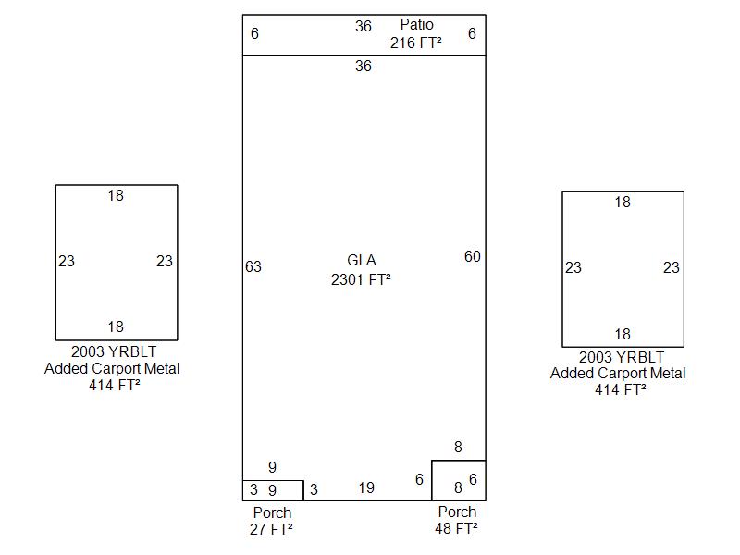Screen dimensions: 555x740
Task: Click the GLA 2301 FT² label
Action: [362, 269]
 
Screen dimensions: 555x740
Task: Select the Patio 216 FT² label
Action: [416, 33]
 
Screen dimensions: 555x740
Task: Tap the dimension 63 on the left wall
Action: [253, 267]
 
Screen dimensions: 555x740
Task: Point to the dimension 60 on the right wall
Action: [473, 257]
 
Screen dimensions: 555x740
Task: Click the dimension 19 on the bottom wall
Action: [366, 487]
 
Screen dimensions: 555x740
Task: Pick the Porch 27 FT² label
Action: [272, 521]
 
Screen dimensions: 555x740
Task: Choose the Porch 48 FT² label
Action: [457, 520]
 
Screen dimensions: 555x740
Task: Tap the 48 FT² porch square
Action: [458, 480]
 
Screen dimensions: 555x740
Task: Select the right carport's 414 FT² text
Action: [621, 389]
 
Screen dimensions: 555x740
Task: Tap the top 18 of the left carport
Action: [116, 196]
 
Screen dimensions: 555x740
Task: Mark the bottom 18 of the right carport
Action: [623, 334]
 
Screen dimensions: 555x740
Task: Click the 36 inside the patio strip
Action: [364, 27]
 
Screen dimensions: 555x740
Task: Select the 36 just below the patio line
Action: [364, 67]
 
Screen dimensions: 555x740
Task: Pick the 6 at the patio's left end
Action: [254, 34]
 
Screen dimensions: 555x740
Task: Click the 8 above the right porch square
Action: [458, 448]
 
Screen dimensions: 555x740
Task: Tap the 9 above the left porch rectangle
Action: [272, 468]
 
